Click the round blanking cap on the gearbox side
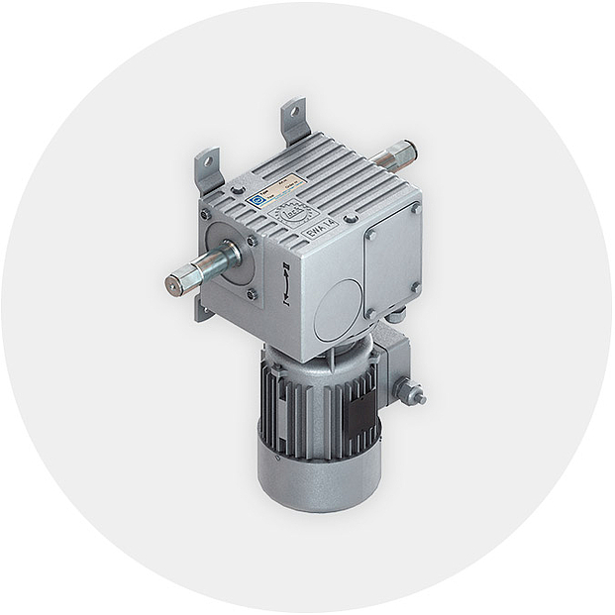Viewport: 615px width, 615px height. point(339,307)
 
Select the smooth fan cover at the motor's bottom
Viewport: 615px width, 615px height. point(317,479)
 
